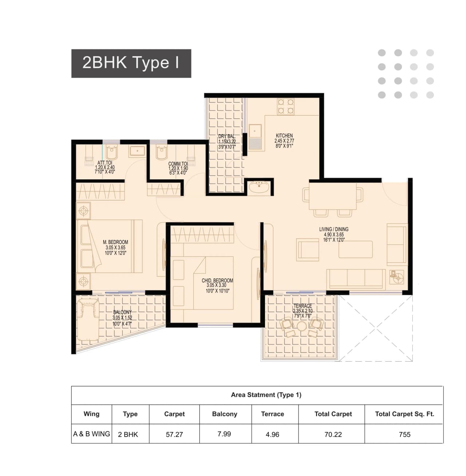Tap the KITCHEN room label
[284, 136]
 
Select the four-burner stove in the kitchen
[286, 107]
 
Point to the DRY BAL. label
[227, 136]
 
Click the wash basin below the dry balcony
[260, 187]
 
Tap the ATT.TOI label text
[105, 163]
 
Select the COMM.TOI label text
[178, 164]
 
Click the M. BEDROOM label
[115, 242]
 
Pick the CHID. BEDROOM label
[217, 281]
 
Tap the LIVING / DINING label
[334, 229]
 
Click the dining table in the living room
[332, 196]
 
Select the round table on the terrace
[301, 325]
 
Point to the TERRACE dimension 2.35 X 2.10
[303, 311]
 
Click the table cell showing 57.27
[174, 434]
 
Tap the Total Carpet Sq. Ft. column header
[404, 414]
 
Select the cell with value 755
[404, 434]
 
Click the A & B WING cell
[91, 434]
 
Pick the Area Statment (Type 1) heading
[266, 395]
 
